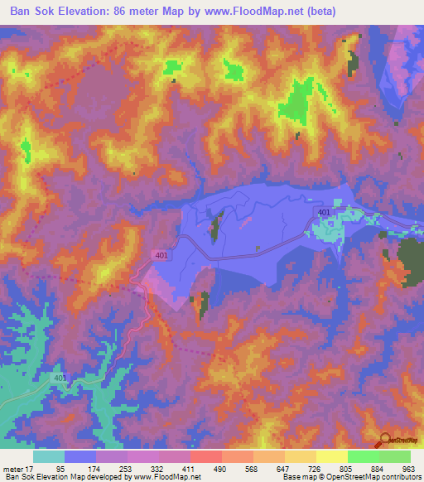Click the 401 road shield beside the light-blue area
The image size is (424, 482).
coord(325,214)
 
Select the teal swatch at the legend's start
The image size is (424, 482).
coord(49,455)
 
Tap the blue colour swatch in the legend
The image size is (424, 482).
coord(80,455)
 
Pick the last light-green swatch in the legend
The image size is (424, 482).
coord(394,455)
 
